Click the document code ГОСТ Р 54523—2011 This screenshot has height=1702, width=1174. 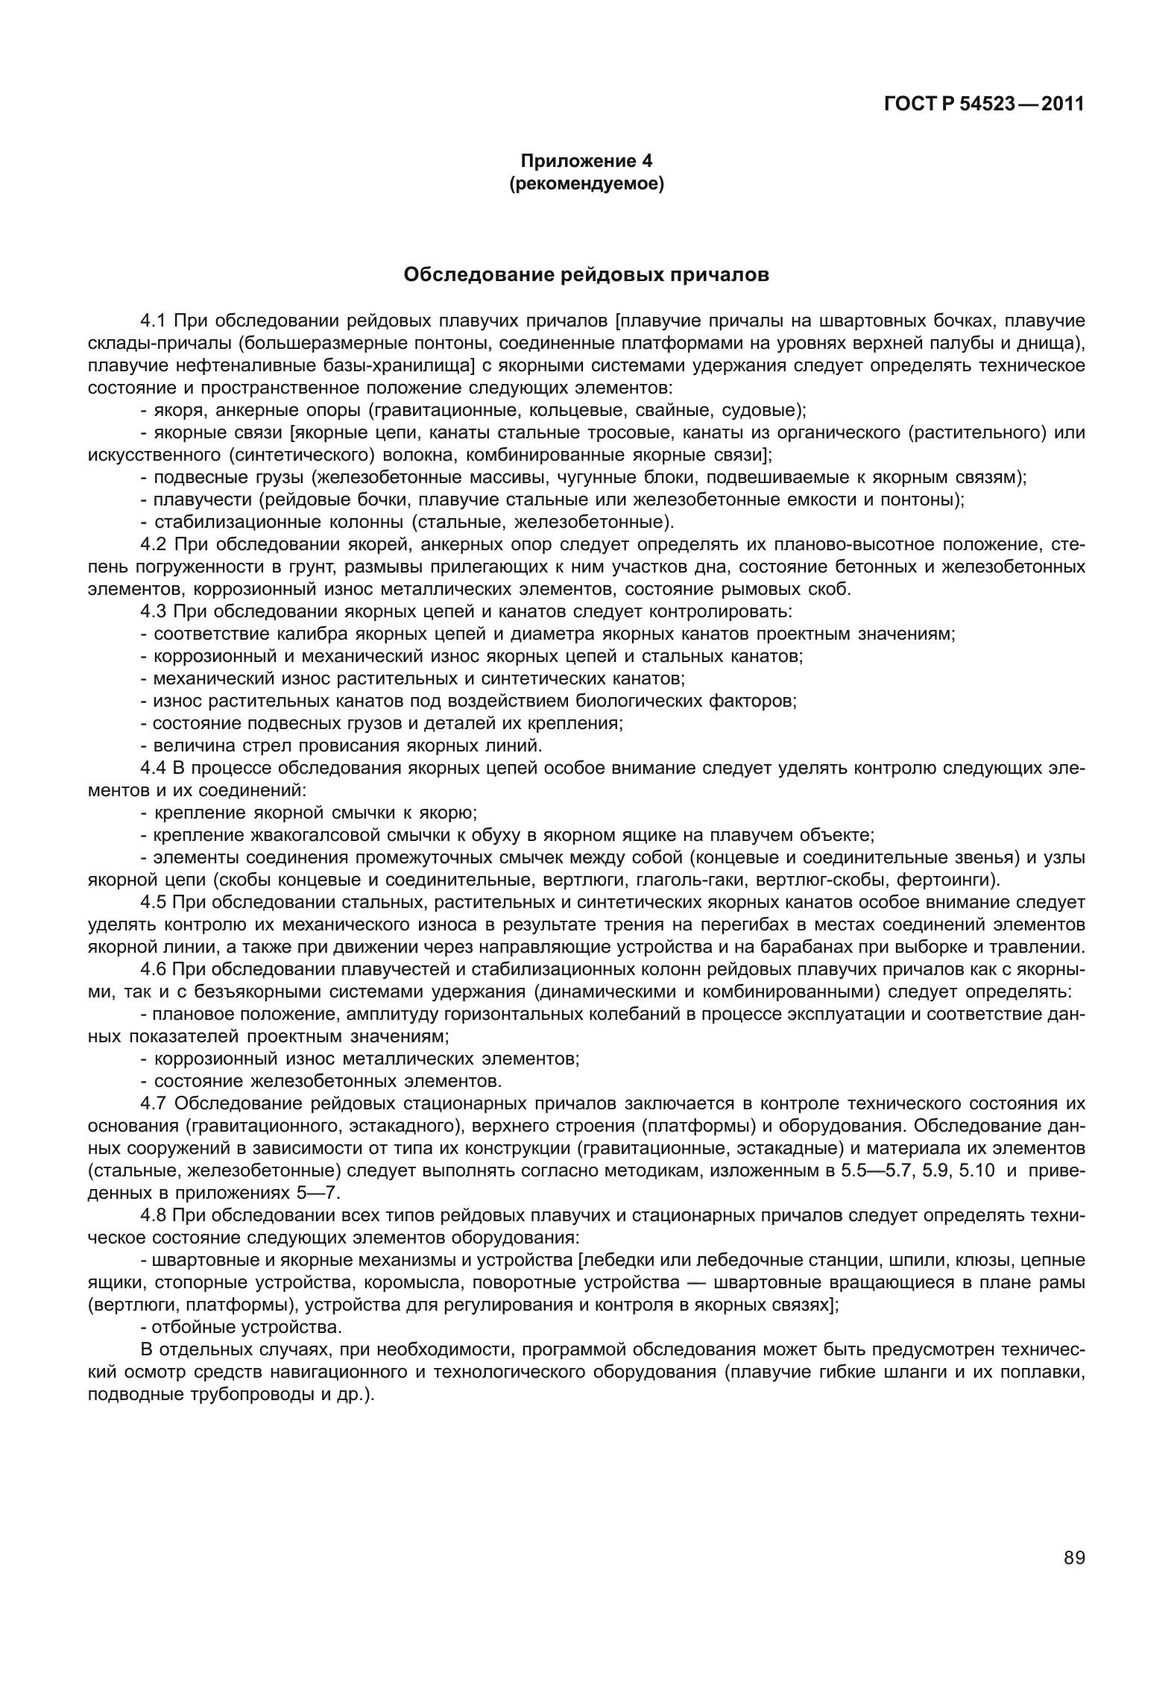click(983, 104)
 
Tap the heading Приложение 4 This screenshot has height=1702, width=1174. click(586, 160)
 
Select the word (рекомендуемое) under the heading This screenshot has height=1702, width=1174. click(586, 183)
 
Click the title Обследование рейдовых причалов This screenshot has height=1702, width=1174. click(586, 275)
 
